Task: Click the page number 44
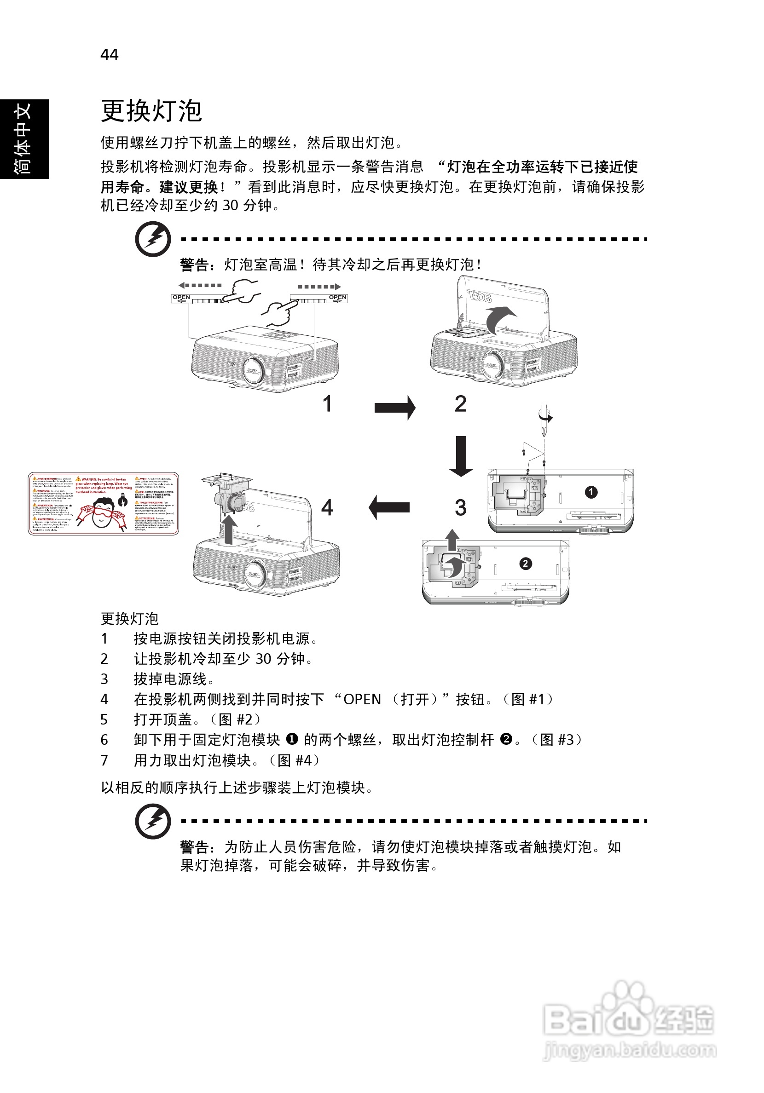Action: (x=109, y=55)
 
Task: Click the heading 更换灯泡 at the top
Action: (x=151, y=111)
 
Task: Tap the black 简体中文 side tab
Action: (x=24, y=138)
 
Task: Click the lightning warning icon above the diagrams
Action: (x=153, y=238)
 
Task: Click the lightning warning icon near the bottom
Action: (x=153, y=821)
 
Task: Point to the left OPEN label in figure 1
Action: (x=181, y=298)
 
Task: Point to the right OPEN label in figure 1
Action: (x=338, y=298)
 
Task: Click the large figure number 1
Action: (x=327, y=404)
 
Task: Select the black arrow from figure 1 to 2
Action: (x=394, y=408)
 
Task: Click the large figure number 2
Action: (x=460, y=404)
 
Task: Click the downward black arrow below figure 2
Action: (x=461, y=456)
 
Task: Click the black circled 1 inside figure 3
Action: (x=591, y=492)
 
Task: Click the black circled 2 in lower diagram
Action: (x=526, y=564)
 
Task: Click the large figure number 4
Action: (x=327, y=507)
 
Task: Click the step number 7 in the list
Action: (x=104, y=760)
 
